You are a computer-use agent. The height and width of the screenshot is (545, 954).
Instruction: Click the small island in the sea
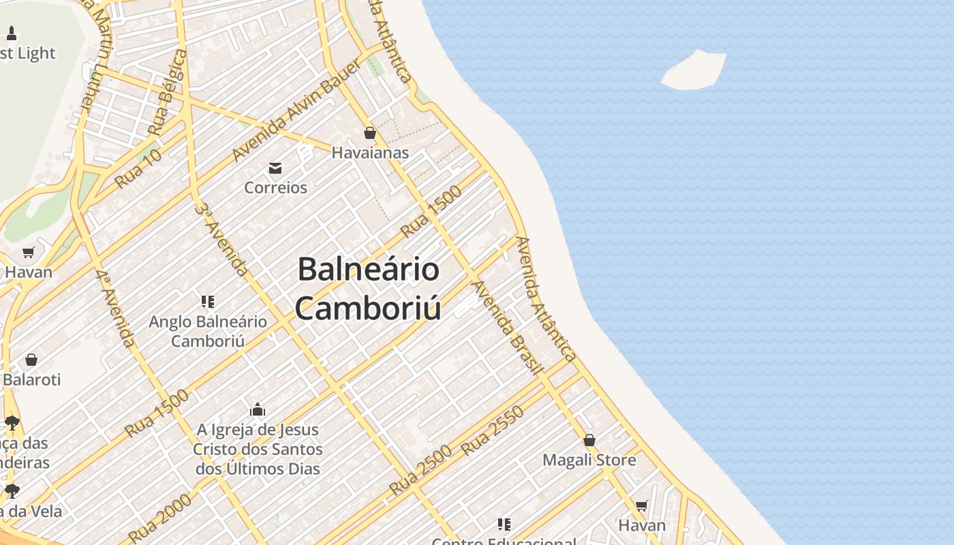coord(694,70)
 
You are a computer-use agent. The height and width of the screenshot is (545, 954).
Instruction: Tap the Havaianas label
coord(370,153)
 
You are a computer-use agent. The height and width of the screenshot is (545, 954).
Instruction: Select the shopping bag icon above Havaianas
coord(370,133)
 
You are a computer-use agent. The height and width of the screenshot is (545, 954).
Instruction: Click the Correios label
coord(275,187)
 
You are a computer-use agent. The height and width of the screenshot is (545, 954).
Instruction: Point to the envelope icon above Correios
coord(275,168)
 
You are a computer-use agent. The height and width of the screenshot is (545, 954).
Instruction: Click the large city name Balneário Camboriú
coord(368,288)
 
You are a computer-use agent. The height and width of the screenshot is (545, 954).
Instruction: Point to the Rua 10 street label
coord(138,169)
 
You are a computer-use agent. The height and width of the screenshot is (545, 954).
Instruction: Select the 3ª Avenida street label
coord(222,239)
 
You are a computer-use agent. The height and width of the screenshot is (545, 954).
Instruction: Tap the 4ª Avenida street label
coord(114,308)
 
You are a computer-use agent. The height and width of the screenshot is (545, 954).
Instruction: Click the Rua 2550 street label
coord(493,431)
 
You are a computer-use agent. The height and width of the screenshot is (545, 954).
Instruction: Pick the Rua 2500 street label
coord(420,470)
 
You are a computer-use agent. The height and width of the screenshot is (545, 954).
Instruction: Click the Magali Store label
coord(589,460)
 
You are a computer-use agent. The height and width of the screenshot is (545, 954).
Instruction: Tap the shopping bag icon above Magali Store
coord(589,440)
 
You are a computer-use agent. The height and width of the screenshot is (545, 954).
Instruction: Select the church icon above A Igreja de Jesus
coord(258,409)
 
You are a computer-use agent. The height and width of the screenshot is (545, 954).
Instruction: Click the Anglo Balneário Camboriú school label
coord(208,330)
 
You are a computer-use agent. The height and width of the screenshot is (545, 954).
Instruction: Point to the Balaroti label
coord(31,379)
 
